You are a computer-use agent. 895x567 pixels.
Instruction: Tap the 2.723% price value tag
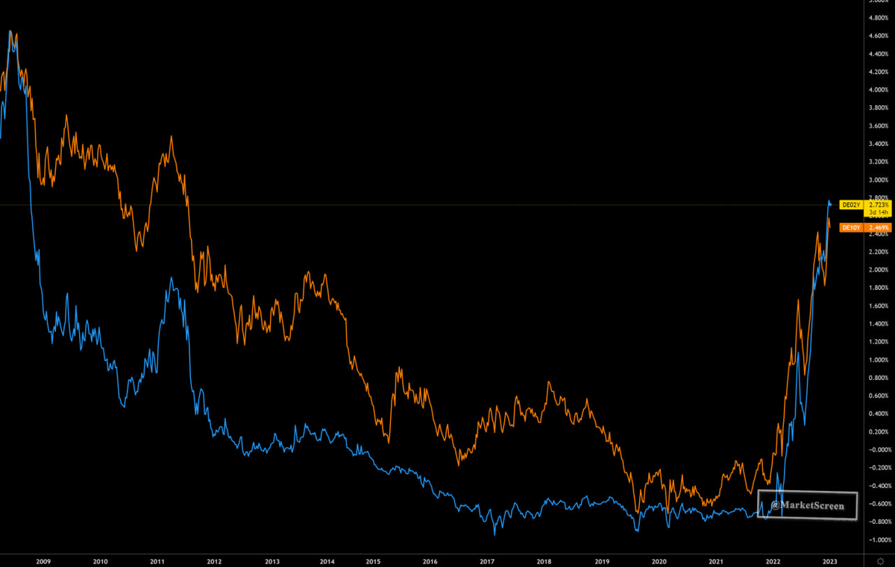coord(878,204)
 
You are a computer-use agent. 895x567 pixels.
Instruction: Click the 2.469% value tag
coord(878,227)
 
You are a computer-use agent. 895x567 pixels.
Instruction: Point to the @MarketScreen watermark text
coord(808,506)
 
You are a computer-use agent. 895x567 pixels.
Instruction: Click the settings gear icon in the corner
coord(880,560)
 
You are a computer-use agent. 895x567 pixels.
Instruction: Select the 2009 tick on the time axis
coord(43,560)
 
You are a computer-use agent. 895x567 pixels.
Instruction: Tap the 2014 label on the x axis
coord(327,560)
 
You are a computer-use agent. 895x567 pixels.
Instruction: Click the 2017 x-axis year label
coord(487,560)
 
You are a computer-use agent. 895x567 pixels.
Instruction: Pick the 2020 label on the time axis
coord(659,560)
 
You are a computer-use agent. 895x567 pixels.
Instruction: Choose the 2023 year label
coord(829,560)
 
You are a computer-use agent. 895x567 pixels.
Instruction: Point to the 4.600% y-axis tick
coord(878,36)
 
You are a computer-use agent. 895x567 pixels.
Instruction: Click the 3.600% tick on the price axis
coord(878,126)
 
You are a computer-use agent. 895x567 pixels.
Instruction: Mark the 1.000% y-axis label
coord(878,360)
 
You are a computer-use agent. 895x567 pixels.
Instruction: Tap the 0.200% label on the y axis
coord(878,432)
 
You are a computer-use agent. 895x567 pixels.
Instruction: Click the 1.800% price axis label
coord(878,288)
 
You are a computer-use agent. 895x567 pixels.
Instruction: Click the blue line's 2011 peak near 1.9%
coord(172,278)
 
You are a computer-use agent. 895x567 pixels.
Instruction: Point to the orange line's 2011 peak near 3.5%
coord(172,136)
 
